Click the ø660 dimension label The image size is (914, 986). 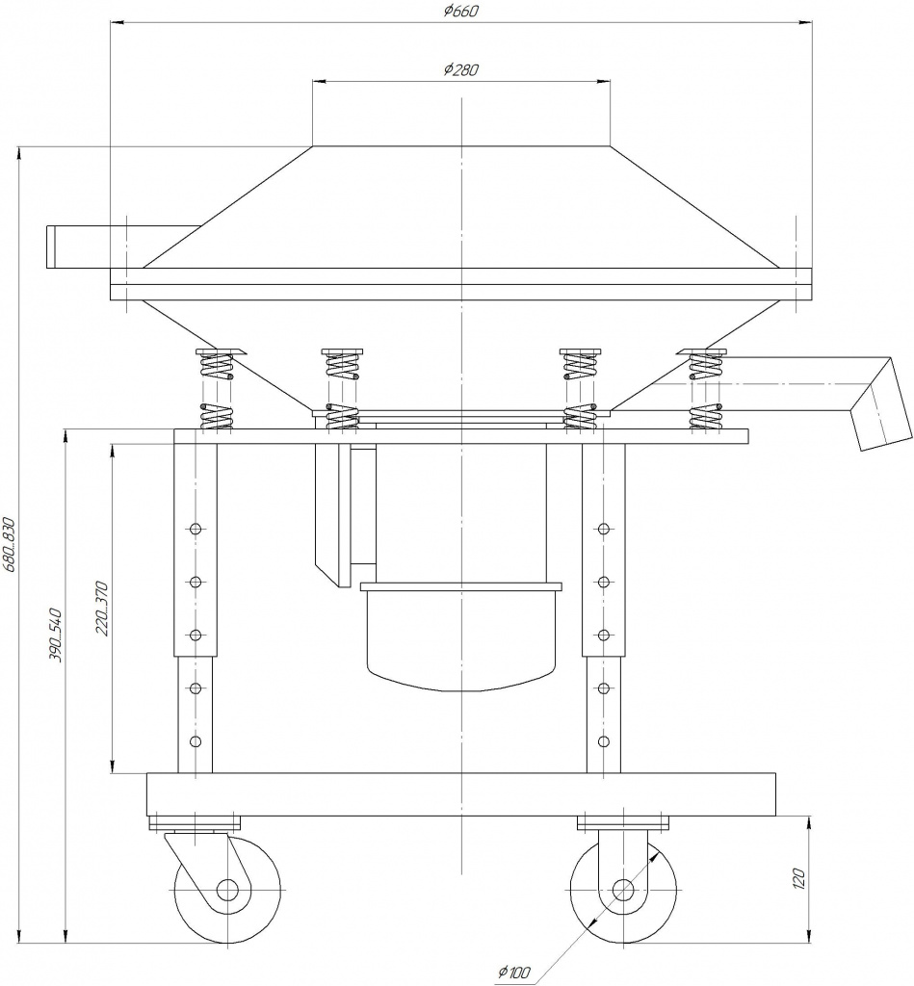pos(460,12)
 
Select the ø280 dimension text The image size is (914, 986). pos(460,69)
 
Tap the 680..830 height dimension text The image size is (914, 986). pos(9,545)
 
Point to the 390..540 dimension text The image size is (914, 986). pos(55,635)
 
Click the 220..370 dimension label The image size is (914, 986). pos(102,609)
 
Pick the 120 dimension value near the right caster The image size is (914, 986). pos(798,878)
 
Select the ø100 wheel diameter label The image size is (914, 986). pos(514,973)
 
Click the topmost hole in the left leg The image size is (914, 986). pos(196,529)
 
